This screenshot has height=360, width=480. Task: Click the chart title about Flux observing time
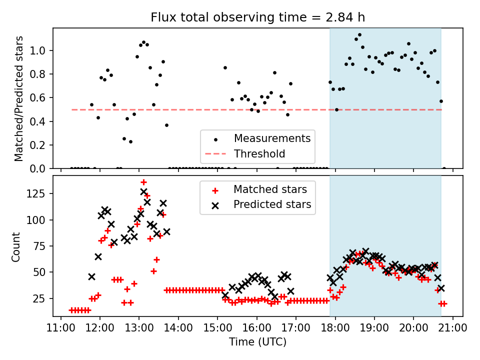pos(258,17)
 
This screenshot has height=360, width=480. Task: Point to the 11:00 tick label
pos(61,328)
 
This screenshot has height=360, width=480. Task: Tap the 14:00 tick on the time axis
pos(178,328)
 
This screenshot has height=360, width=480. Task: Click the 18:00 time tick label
pos(335,328)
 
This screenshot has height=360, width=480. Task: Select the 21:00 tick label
pos(452,328)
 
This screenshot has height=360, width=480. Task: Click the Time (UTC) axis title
pos(258,342)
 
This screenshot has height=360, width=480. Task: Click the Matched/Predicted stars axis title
pos(19,98)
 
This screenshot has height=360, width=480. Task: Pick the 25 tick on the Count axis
pos(41,298)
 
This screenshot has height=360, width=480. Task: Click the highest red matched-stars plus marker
pos(143,182)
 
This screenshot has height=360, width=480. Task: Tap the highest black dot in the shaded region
pos(359,35)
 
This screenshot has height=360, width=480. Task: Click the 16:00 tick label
pos(256,328)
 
